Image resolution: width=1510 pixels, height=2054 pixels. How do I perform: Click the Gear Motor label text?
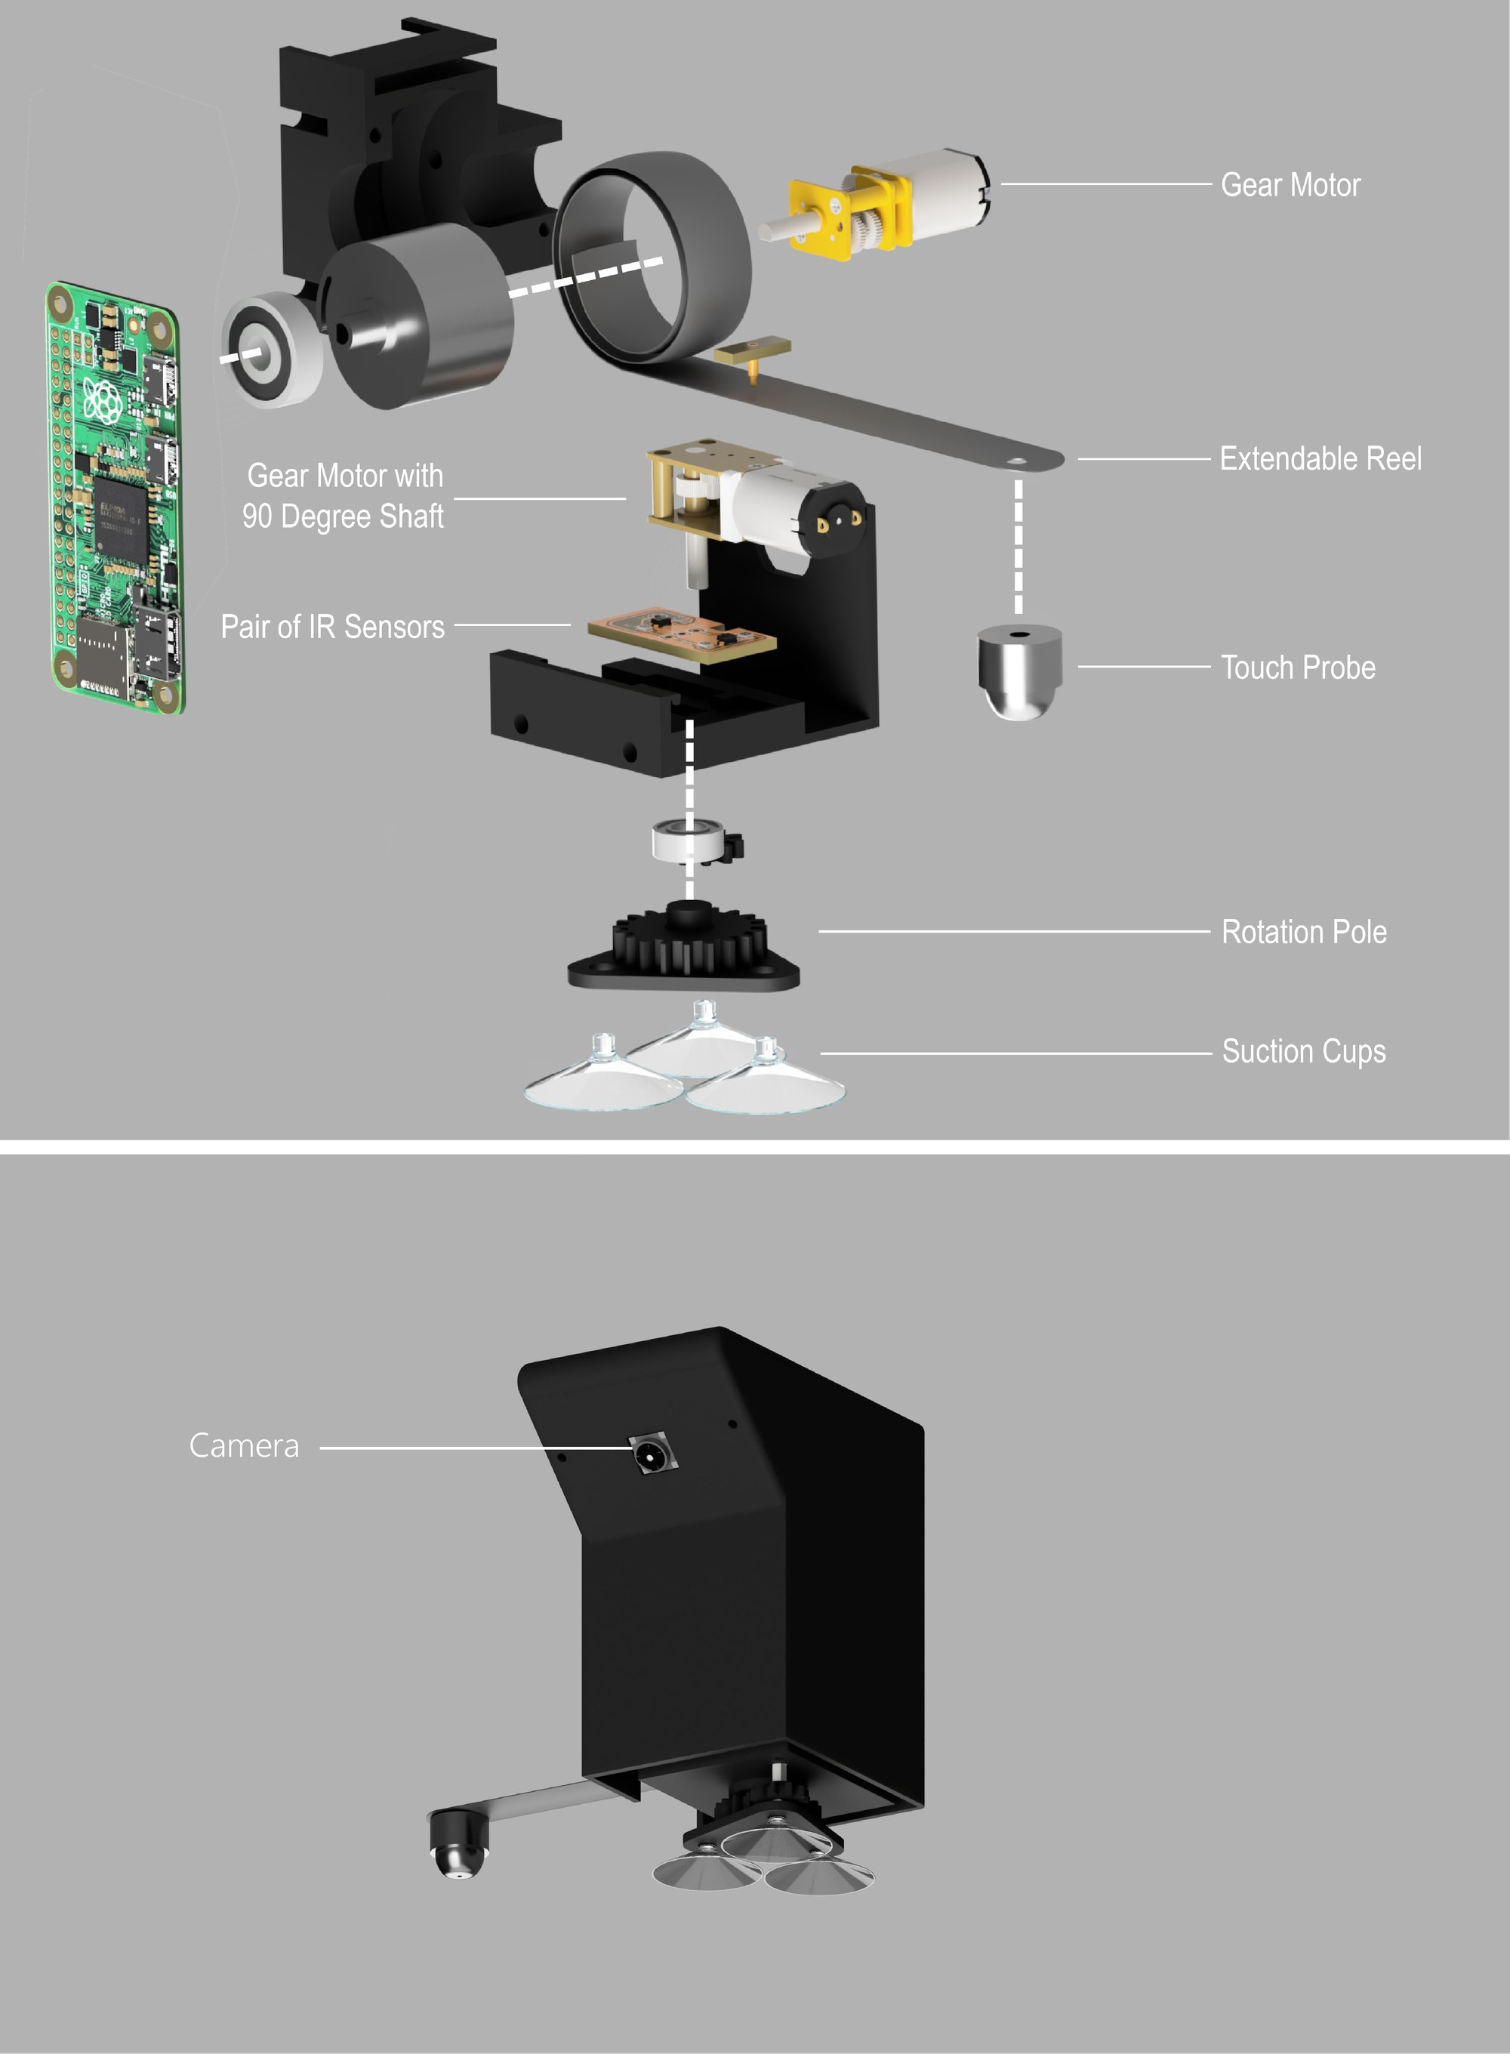(x=1290, y=185)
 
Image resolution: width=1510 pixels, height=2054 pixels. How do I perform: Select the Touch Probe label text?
(x=1298, y=668)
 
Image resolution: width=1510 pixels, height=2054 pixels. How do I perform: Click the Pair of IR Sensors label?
(x=333, y=626)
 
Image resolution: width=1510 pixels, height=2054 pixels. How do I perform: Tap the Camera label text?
(x=244, y=1445)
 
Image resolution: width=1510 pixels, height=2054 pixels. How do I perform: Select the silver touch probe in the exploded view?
(x=1019, y=672)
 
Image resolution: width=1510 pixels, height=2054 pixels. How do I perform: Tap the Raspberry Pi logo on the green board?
(x=103, y=400)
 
